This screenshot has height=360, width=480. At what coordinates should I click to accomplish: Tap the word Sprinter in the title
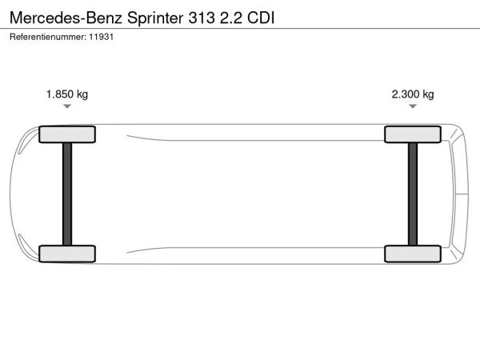tap(155, 18)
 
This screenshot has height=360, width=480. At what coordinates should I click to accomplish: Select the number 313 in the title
tap(202, 18)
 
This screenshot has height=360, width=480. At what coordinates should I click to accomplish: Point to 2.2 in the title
tap(231, 18)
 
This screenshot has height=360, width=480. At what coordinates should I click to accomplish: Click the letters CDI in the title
tap(261, 18)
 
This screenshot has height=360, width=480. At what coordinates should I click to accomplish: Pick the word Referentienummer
tap(48, 37)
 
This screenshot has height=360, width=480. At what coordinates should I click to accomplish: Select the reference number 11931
tap(102, 37)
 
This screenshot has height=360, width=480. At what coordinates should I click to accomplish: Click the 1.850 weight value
tap(60, 94)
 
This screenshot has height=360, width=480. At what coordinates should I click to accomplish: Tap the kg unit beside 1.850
tap(82, 94)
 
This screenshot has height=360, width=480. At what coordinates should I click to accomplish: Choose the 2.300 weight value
tap(406, 94)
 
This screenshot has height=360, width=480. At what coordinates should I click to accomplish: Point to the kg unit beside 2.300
tap(428, 94)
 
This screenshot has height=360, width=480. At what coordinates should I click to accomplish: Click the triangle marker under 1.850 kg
tap(67, 106)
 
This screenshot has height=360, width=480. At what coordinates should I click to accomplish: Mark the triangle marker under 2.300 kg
tap(413, 106)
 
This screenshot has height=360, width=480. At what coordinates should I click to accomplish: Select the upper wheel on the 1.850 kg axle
tap(67, 134)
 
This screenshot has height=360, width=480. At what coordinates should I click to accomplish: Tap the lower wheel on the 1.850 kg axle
tap(67, 254)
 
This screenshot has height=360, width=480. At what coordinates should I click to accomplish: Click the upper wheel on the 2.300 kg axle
tap(413, 134)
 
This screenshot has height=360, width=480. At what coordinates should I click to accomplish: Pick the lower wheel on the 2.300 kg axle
tap(413, 254)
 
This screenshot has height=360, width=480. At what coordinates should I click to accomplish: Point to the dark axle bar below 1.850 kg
tap(67, 194)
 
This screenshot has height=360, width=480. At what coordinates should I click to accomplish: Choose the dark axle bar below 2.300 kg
tap(413, 194)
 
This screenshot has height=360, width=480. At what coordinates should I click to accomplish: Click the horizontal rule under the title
tap(240, 29)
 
